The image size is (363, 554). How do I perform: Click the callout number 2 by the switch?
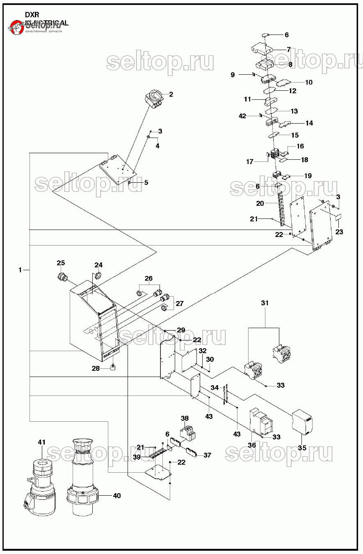(x=171, y=94)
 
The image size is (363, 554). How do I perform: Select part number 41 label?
(x=41, y=442)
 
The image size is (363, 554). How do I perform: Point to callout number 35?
(x=302, y=448)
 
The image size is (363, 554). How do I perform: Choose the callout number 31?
(x=265, y=303)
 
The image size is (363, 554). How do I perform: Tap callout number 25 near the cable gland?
(x=61, y=263)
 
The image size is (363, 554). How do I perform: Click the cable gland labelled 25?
(x=63, y=277)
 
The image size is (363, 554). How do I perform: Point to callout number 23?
(x=339, y=232)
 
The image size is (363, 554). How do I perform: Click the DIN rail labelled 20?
(x=282, y=209)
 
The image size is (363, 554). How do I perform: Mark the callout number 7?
(x=289, y=49)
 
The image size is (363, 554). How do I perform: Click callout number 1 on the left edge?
(x=20, y=270)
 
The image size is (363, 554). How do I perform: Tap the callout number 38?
(x=185, y=418)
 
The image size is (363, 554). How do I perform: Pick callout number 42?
(x=242, y=116)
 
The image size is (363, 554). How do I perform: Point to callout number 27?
(x=180, y=304)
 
